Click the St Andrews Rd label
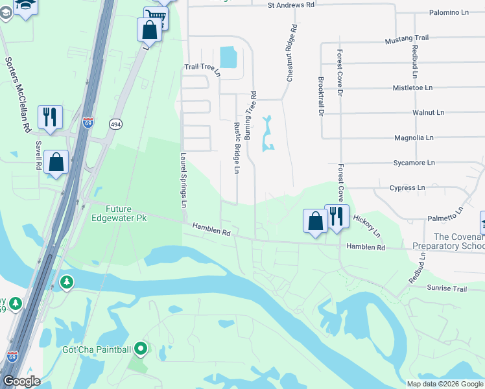[x=290, y=5]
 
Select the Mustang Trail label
[x=407, y=40]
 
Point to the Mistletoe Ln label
[x=412, y=88]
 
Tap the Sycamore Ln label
[x=412, y=163]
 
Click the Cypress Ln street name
[x=407, y=188]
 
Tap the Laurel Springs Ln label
[x=183, y=180]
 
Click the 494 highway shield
[x=115, y=124]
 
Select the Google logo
[x=21, y=381]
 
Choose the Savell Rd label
[x=39, y=156]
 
